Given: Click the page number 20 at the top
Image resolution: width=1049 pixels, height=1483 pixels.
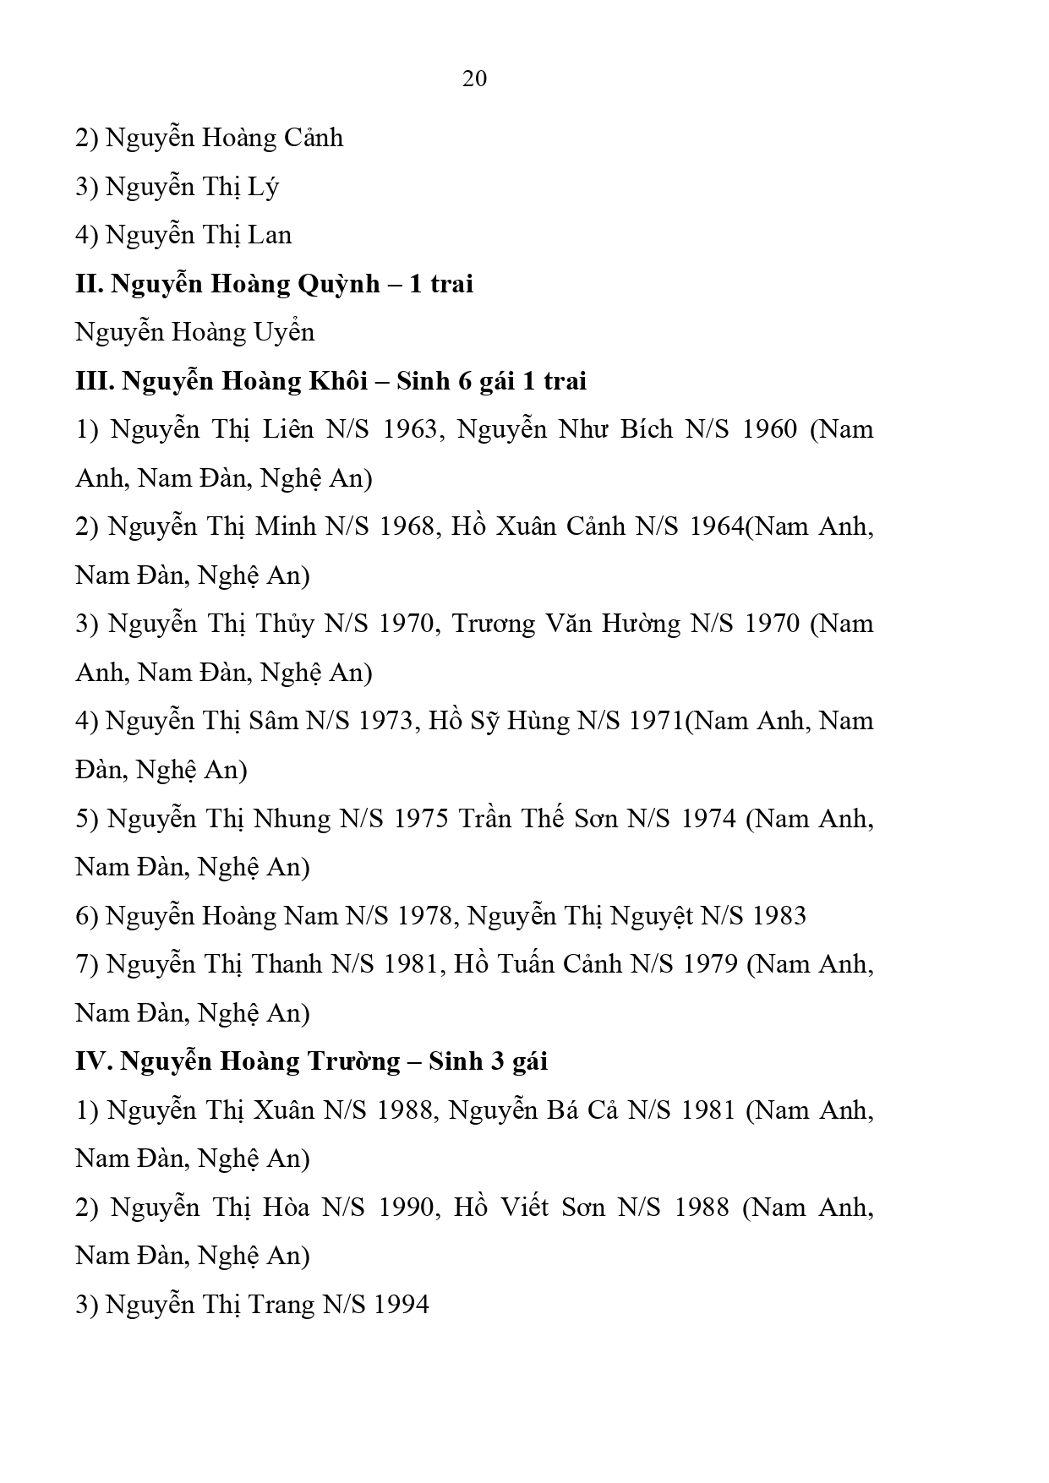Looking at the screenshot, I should (x=474, y=79).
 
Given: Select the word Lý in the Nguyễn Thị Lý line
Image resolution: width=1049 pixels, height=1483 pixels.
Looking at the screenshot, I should (x=264, y=187).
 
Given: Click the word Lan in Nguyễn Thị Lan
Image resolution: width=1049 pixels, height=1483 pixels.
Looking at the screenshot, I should (x=270, y=235).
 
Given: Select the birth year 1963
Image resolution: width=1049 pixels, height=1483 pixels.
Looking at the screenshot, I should (x=411, y=429).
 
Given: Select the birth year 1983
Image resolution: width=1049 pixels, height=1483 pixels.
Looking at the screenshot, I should (x=779, y=916).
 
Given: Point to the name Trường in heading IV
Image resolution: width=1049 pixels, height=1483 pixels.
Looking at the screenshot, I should (x=353, y=1061).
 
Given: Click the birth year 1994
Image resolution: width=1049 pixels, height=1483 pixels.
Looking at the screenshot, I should (x=402, y=1305).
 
